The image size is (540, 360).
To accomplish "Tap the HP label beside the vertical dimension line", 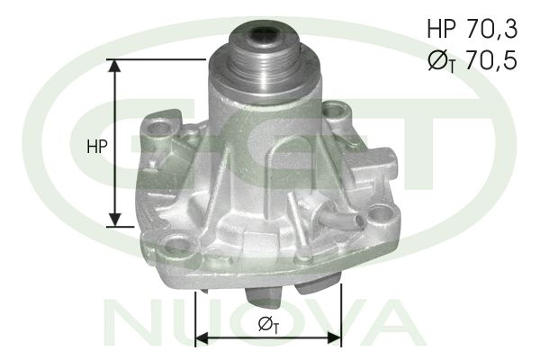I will pyautogui.click(x=97, y=147).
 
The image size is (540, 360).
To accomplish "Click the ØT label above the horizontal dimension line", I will pyautogui.click(x=267, y=323).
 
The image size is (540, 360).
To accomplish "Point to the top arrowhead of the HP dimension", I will pyautogui.click(x=114, y=65).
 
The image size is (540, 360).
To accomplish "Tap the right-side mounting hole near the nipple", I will pyautogui.click(x=382, y=214).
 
